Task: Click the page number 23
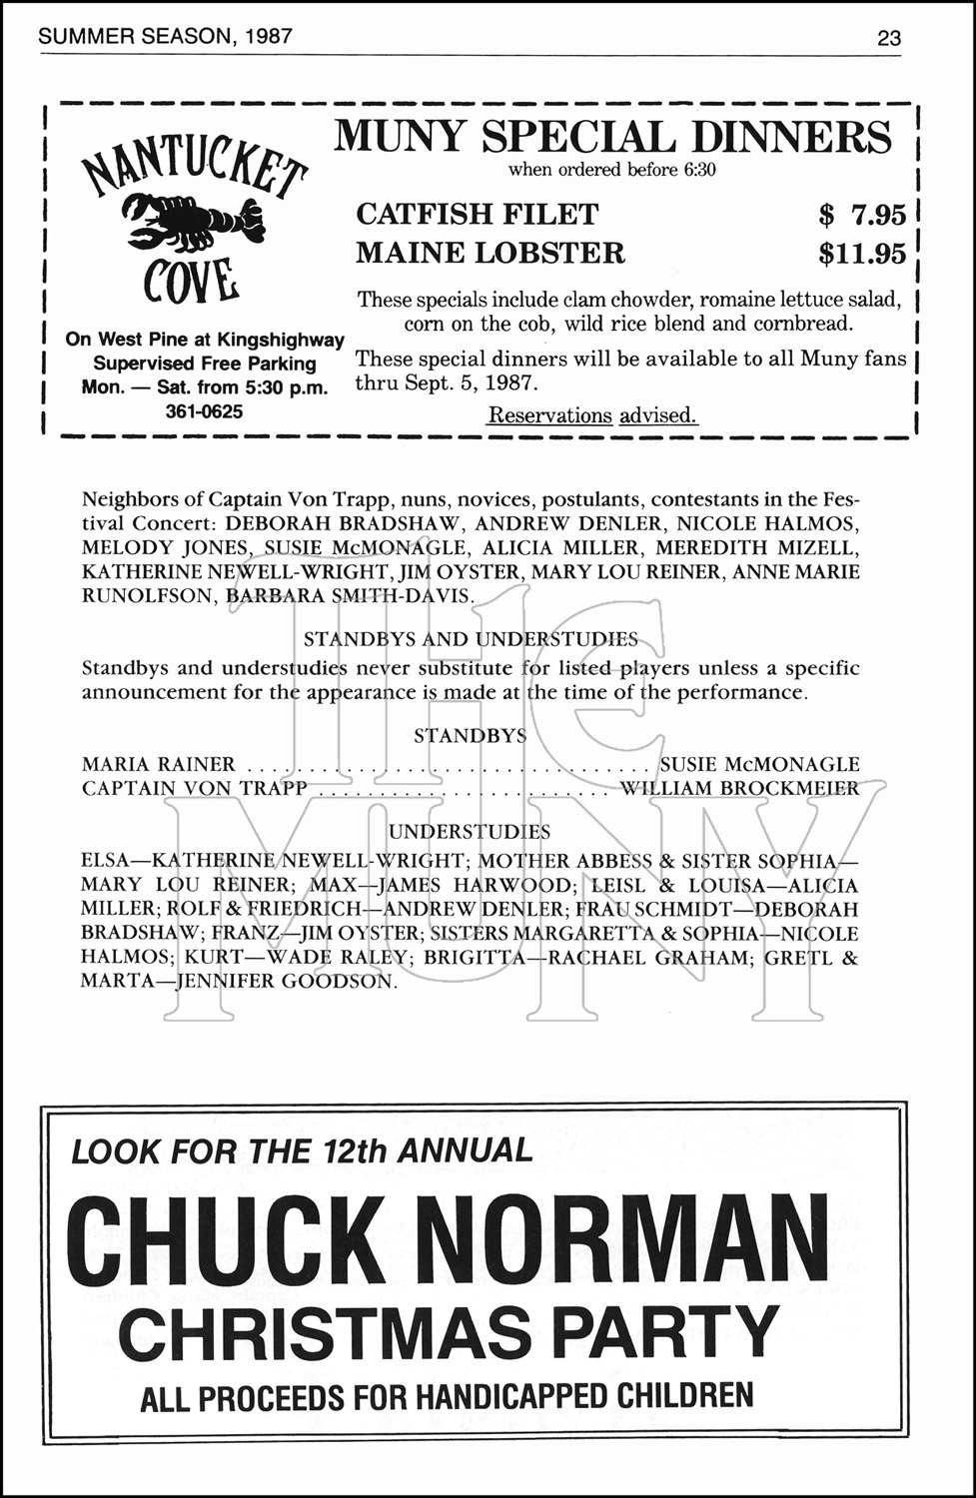click(888, 38)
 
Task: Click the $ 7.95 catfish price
click(861, 214)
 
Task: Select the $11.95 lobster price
click(861, 254)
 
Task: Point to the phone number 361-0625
click(204, 411)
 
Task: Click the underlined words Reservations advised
click(592, 415)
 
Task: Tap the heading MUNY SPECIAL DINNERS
click(612, 137)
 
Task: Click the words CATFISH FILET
click(477, 214)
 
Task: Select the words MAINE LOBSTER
click(489, 254)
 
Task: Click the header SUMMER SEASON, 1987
click(165, 37)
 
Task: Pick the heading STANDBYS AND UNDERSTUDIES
click(471, 639)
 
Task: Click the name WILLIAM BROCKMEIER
click(739, 788)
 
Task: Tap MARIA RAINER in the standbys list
click(158, 764)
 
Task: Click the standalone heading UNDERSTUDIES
click(470, 832)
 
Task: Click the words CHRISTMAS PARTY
click(448, 1333)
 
